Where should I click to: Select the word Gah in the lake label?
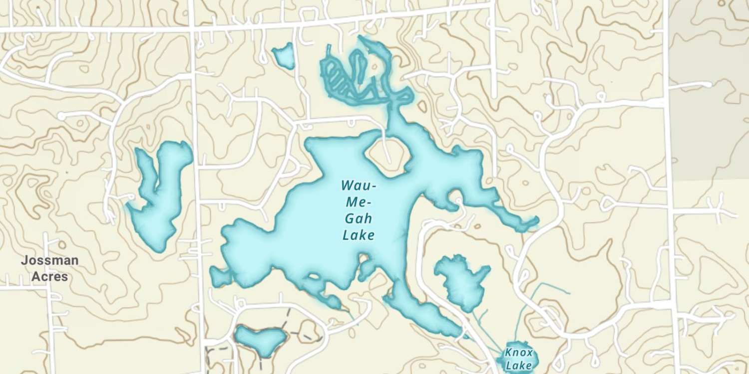point(358,219)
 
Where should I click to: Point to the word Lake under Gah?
point(359,235)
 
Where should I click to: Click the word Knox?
point(519,353)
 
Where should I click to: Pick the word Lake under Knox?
point(519,366)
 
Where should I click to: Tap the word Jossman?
point(49,260)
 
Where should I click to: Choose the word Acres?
point(49,276)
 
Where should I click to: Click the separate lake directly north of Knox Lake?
point(461,282)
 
